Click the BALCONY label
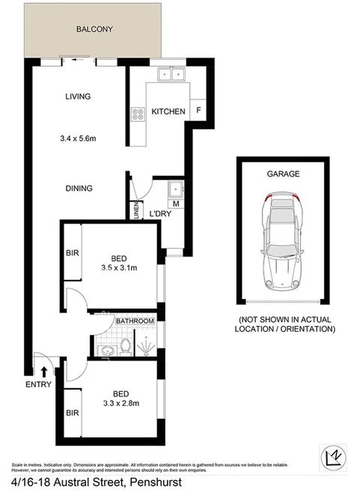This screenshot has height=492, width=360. (94, 30)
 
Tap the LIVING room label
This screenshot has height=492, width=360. (78, 96)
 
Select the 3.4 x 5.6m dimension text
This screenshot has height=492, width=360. (82, 138)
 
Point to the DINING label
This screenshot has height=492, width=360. (79, 188)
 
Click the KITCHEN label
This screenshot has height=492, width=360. (168, 111)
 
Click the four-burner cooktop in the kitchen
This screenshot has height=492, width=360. (138, 114)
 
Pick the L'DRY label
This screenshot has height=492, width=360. (161, 215)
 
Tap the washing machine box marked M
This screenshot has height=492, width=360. (176, 203)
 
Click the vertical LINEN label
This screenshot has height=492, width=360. (136, 212)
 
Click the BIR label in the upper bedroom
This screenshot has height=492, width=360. (73, 253)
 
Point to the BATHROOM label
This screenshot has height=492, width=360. (135, 321)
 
